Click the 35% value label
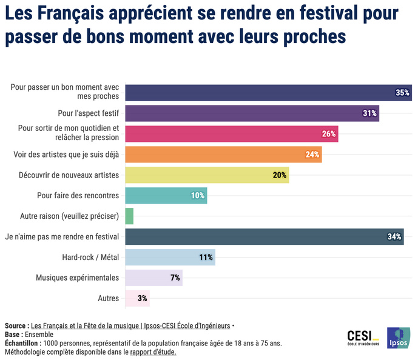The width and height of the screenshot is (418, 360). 402,93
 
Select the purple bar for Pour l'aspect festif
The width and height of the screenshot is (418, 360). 251,113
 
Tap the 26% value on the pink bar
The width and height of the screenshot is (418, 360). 329,134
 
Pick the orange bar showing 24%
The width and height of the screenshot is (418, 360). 223,155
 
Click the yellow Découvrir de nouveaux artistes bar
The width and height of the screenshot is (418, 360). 206,175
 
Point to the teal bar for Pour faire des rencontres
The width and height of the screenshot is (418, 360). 165,196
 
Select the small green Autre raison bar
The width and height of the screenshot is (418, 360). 129,216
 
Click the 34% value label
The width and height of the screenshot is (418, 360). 394,237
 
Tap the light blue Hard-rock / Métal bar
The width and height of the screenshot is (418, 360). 170,258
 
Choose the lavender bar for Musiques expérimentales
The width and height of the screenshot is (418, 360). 153,278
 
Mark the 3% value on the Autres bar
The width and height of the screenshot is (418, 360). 143,299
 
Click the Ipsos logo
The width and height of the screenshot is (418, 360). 399,338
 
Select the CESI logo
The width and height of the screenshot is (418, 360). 363,337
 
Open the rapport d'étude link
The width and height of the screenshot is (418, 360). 153,352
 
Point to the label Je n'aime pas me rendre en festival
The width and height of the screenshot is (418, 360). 61,237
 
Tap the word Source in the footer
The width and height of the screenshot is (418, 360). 16,325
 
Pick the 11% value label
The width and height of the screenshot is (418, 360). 206,258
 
